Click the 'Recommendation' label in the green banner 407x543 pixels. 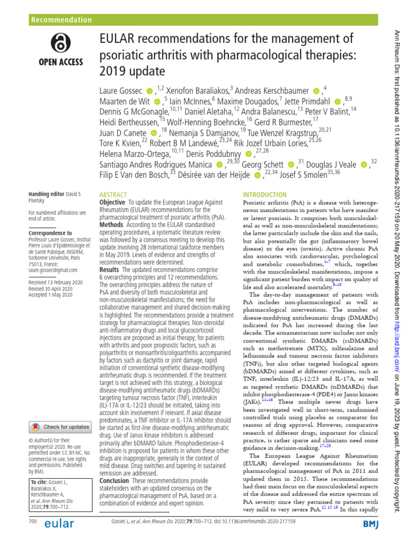[61, 20]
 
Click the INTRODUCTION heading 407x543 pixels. [265, 195]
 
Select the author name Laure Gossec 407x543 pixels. [121, 91]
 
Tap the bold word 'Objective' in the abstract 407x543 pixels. [112, 203]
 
